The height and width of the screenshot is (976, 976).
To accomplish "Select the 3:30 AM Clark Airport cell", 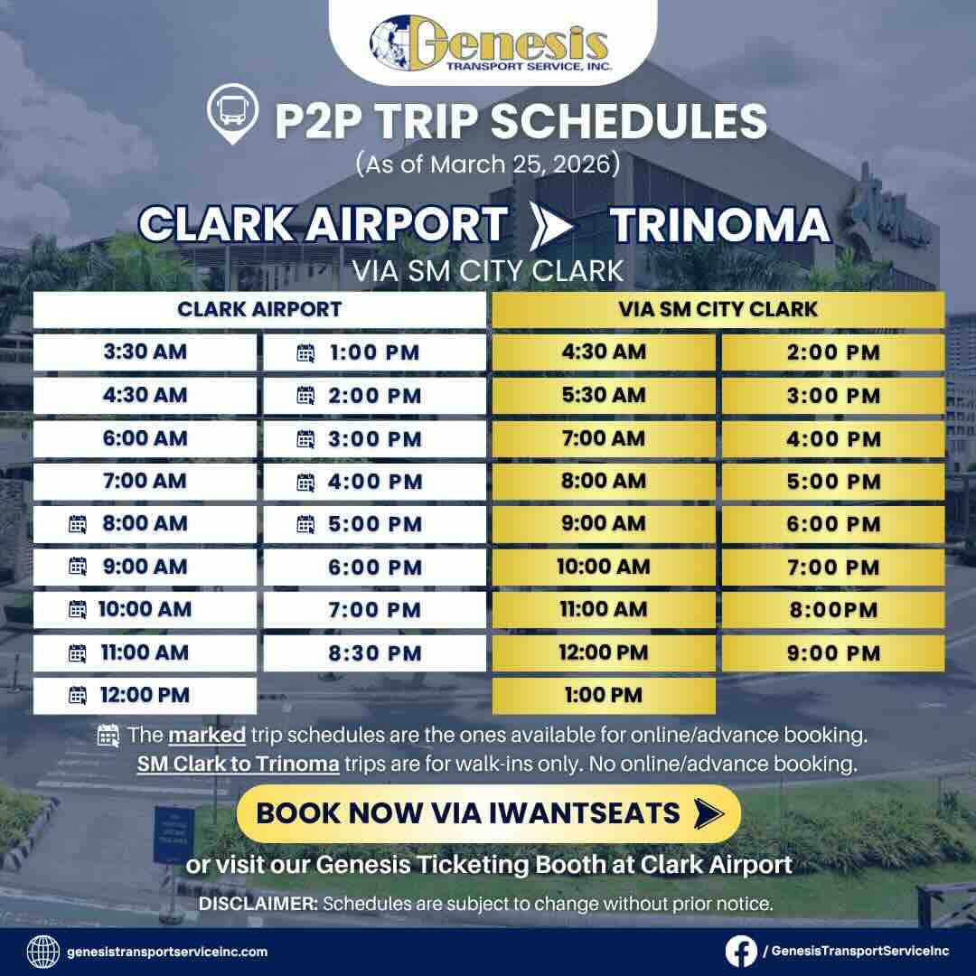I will point(145,352).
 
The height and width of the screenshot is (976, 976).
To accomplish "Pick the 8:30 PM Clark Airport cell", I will point(374,652).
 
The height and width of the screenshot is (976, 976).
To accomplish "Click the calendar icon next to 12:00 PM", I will point(79,695).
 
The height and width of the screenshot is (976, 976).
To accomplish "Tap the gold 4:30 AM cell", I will point(604,352).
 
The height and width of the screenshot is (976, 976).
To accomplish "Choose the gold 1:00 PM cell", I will point(604,695).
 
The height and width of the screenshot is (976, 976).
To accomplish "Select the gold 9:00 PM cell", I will point(833,652).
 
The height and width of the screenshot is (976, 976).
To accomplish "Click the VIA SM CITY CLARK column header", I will point(718,309).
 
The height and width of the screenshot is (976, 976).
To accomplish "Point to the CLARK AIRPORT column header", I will point(259,309).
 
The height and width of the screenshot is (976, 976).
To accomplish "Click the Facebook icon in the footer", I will point(740,951).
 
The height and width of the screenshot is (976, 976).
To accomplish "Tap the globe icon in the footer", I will point(43,951).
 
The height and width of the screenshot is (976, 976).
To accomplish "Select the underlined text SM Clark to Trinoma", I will point(239,765).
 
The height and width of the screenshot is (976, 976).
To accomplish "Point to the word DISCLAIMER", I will point(257,904).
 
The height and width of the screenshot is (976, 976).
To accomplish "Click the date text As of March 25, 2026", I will point(488,165).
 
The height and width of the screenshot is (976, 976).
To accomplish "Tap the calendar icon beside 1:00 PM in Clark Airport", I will point(305,352).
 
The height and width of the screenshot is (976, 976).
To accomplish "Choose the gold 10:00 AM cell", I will point(604,567).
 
